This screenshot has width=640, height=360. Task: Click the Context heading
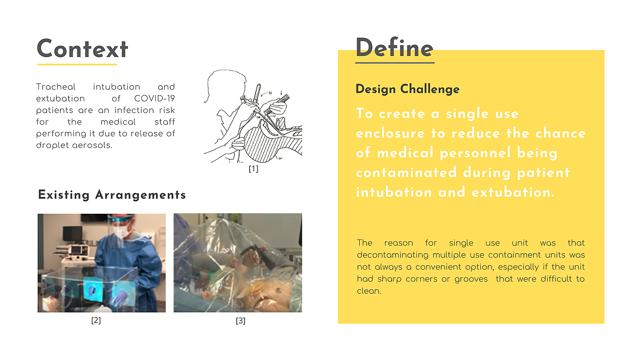pyautogui.click(x=82, y=49)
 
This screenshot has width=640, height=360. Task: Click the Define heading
pyautogui.click(x=394, y=48)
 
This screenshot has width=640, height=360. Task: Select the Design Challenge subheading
pyautogui.click(x=407, y=89)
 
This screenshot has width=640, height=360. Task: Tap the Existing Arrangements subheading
pyautogui.click(x=112, y=195)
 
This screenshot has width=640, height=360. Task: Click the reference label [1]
pyautogui.click(x=253, y=169)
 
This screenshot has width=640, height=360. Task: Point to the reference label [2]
pyautogui.click(x=96, y=320)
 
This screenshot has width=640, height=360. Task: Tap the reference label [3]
pyautogui.click(x=240, y=321)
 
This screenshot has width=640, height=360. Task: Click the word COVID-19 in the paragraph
pyautogui.click(x=155, y=99)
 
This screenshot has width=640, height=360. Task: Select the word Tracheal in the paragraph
pyautogui.click(x=56, y=87)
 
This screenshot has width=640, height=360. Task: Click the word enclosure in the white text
pyautogui.click(x=390, y=133)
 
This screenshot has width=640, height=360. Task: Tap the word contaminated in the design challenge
pyautogui.click(x=406, y=173)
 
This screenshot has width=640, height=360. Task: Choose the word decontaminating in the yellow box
pyautogui.click(x=393, y=255)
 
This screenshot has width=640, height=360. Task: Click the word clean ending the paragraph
pyautogui.click(x=369, y=291)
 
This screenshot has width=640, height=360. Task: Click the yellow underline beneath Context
pyautogui.click(x=77, y=64)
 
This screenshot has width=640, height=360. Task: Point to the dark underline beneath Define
pyautogui.click(x=395, y=62)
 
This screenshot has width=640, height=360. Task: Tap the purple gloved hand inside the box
pyautogui.click(x=118, y=297)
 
